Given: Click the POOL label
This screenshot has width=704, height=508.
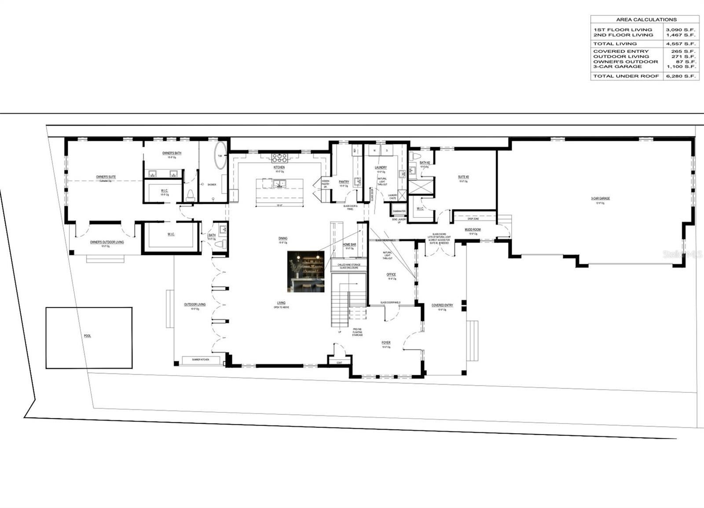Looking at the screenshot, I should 88,336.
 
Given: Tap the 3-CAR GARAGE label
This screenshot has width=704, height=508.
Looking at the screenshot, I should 600,199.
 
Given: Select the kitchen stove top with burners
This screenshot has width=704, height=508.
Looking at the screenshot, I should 279,158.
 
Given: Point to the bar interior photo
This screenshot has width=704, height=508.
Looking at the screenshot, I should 306,271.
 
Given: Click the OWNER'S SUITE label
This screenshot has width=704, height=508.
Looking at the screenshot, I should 106,177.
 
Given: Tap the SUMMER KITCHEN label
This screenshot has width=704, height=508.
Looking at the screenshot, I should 200,360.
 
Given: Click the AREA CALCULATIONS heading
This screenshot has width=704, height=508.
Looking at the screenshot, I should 646,19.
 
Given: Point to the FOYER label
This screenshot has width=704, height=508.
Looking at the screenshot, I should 386,342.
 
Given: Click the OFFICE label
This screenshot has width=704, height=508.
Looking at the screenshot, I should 391,274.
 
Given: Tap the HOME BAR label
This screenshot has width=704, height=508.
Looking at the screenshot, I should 349,244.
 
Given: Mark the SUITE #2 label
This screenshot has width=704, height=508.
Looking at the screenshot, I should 463,177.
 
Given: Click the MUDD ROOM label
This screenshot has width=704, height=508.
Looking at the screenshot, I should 473,229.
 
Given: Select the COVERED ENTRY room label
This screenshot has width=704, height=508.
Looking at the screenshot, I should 442,305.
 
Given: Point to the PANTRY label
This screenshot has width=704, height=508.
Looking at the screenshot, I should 344,181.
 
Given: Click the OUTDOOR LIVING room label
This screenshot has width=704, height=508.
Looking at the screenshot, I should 194,305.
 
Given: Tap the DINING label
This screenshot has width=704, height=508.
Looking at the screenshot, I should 282,238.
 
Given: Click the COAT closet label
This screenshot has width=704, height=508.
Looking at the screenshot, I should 339,363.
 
